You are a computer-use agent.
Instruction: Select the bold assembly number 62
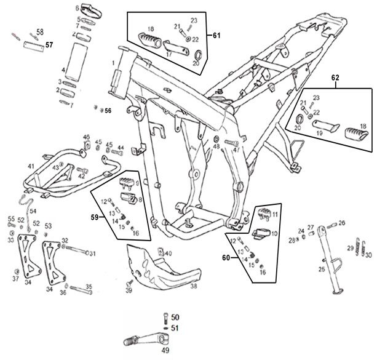tap(335, 79)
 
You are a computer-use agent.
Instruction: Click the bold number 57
tap(49, 45)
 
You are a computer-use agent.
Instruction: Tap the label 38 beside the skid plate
tap(192, 286)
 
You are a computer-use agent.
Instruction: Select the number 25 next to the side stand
tap(321, 269)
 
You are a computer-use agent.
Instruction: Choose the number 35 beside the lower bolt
tap(89, 287)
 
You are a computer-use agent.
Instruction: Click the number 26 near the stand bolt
tap(342, 223)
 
